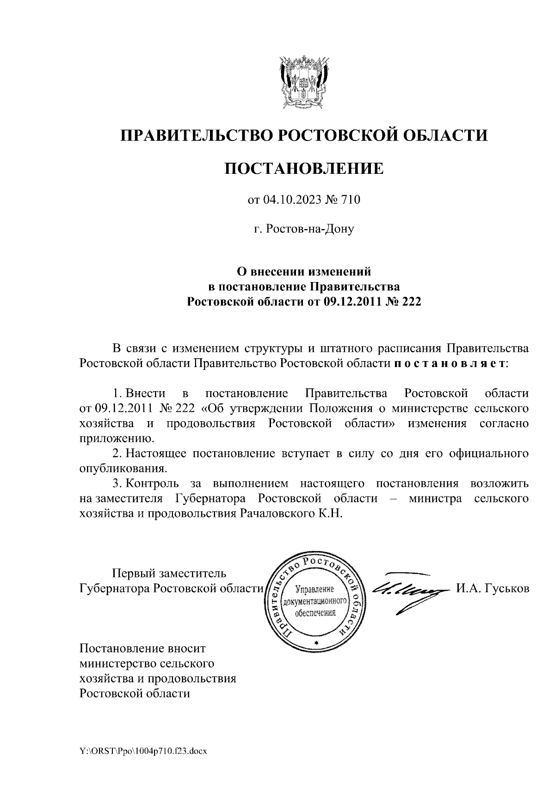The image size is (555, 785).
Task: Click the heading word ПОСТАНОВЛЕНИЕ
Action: [x=304, y=168]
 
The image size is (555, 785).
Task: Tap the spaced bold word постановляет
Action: [x=450, y=363]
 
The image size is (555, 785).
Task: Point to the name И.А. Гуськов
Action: [x=493, y=589]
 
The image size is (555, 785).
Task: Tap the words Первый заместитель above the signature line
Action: [x=170, y=573]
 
